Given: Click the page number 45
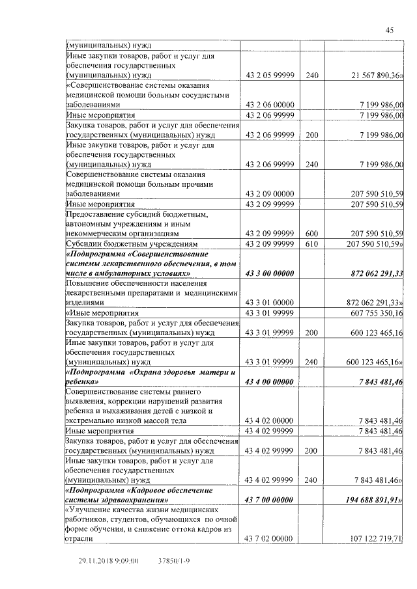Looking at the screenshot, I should [x=390, y=30].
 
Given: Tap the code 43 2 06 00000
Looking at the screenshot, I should [x=270, y=104].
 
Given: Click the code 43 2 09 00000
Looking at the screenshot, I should [x=270, y=194].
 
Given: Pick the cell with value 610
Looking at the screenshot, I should [x=311, y=243].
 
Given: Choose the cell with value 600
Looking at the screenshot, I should [x=311, y=232].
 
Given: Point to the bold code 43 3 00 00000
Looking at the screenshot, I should [x=270, y=273].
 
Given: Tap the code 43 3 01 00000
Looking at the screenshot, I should [x=270, y=303].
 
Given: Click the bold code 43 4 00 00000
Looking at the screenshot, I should [x=270, y=381].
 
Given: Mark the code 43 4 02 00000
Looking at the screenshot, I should [x=270, y=420].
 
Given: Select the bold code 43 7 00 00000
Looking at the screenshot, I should [x=270, y=499].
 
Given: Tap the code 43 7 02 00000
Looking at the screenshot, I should [x=270, y=538].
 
